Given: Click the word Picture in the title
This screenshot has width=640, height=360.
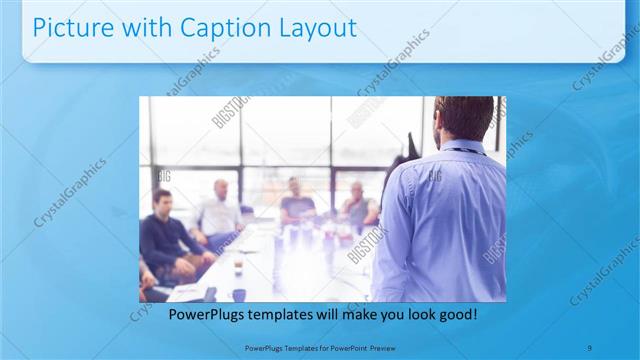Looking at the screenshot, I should tap(68, 29).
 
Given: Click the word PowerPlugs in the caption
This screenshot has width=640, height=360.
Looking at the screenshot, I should tap(205, 314).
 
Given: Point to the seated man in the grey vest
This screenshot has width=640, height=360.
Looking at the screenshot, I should tap(358, 205).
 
